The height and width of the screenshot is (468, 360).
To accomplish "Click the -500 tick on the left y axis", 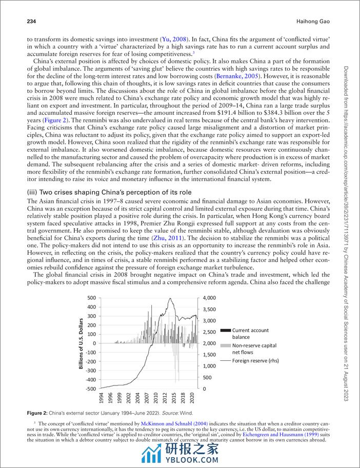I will coord(90,389).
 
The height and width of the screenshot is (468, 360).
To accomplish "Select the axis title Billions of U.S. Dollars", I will coord(81,343).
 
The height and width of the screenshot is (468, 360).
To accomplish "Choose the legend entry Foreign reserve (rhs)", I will coord(254,361).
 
